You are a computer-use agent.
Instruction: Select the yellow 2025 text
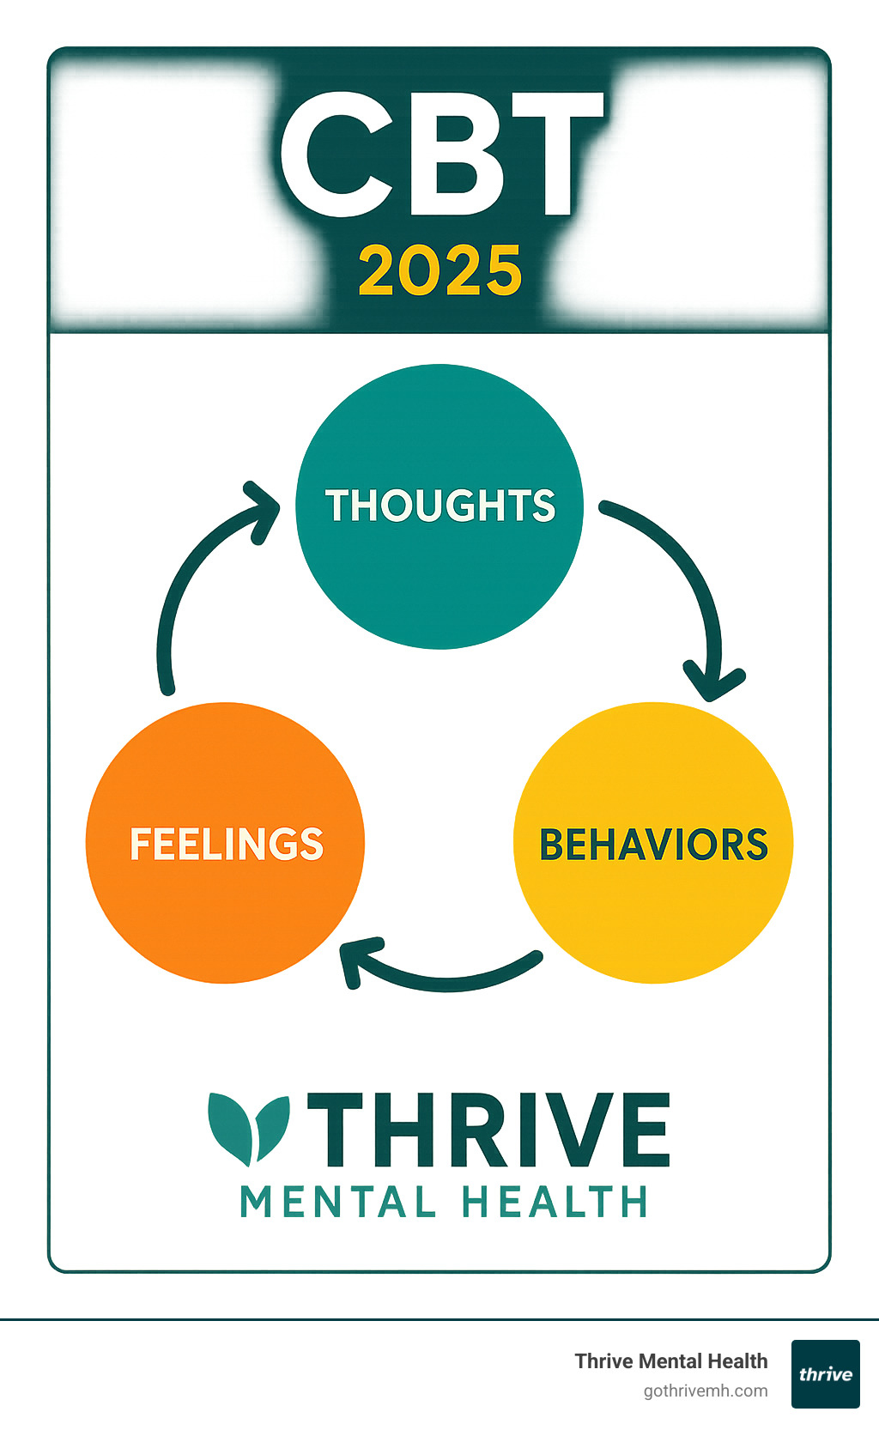coord(440,270)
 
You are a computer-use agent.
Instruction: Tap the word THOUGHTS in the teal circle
coord(440,506)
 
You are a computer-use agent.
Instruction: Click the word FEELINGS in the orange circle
coord(227,843)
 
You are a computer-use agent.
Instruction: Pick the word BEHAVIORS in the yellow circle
coord(653,844)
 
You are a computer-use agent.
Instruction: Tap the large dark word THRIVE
coord(489,1130)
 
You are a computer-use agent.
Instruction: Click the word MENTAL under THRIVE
coord(338,1202)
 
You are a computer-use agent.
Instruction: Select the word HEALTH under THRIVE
coord(554,1202)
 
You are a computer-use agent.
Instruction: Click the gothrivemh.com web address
coord(706,1391)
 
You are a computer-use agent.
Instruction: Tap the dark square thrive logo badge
coord(826,1374)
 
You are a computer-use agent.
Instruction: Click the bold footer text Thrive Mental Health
coord(671,1361)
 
